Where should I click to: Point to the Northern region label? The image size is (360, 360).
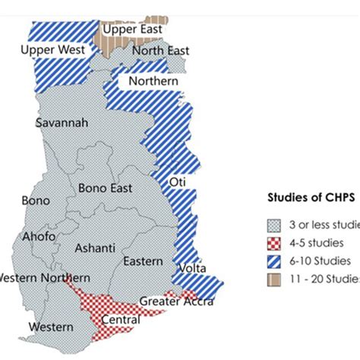(x=153, y=81)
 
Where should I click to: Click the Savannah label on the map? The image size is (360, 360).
(x=62, y=122)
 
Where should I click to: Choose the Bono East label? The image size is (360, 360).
(x=104, y=188)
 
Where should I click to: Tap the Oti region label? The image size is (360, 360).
(x=178, y=182)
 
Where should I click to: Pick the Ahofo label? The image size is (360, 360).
(x=39, y=235)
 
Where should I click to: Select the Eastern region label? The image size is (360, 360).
(x=142, y=261)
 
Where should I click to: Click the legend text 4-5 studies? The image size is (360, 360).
(x=317, y=243)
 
